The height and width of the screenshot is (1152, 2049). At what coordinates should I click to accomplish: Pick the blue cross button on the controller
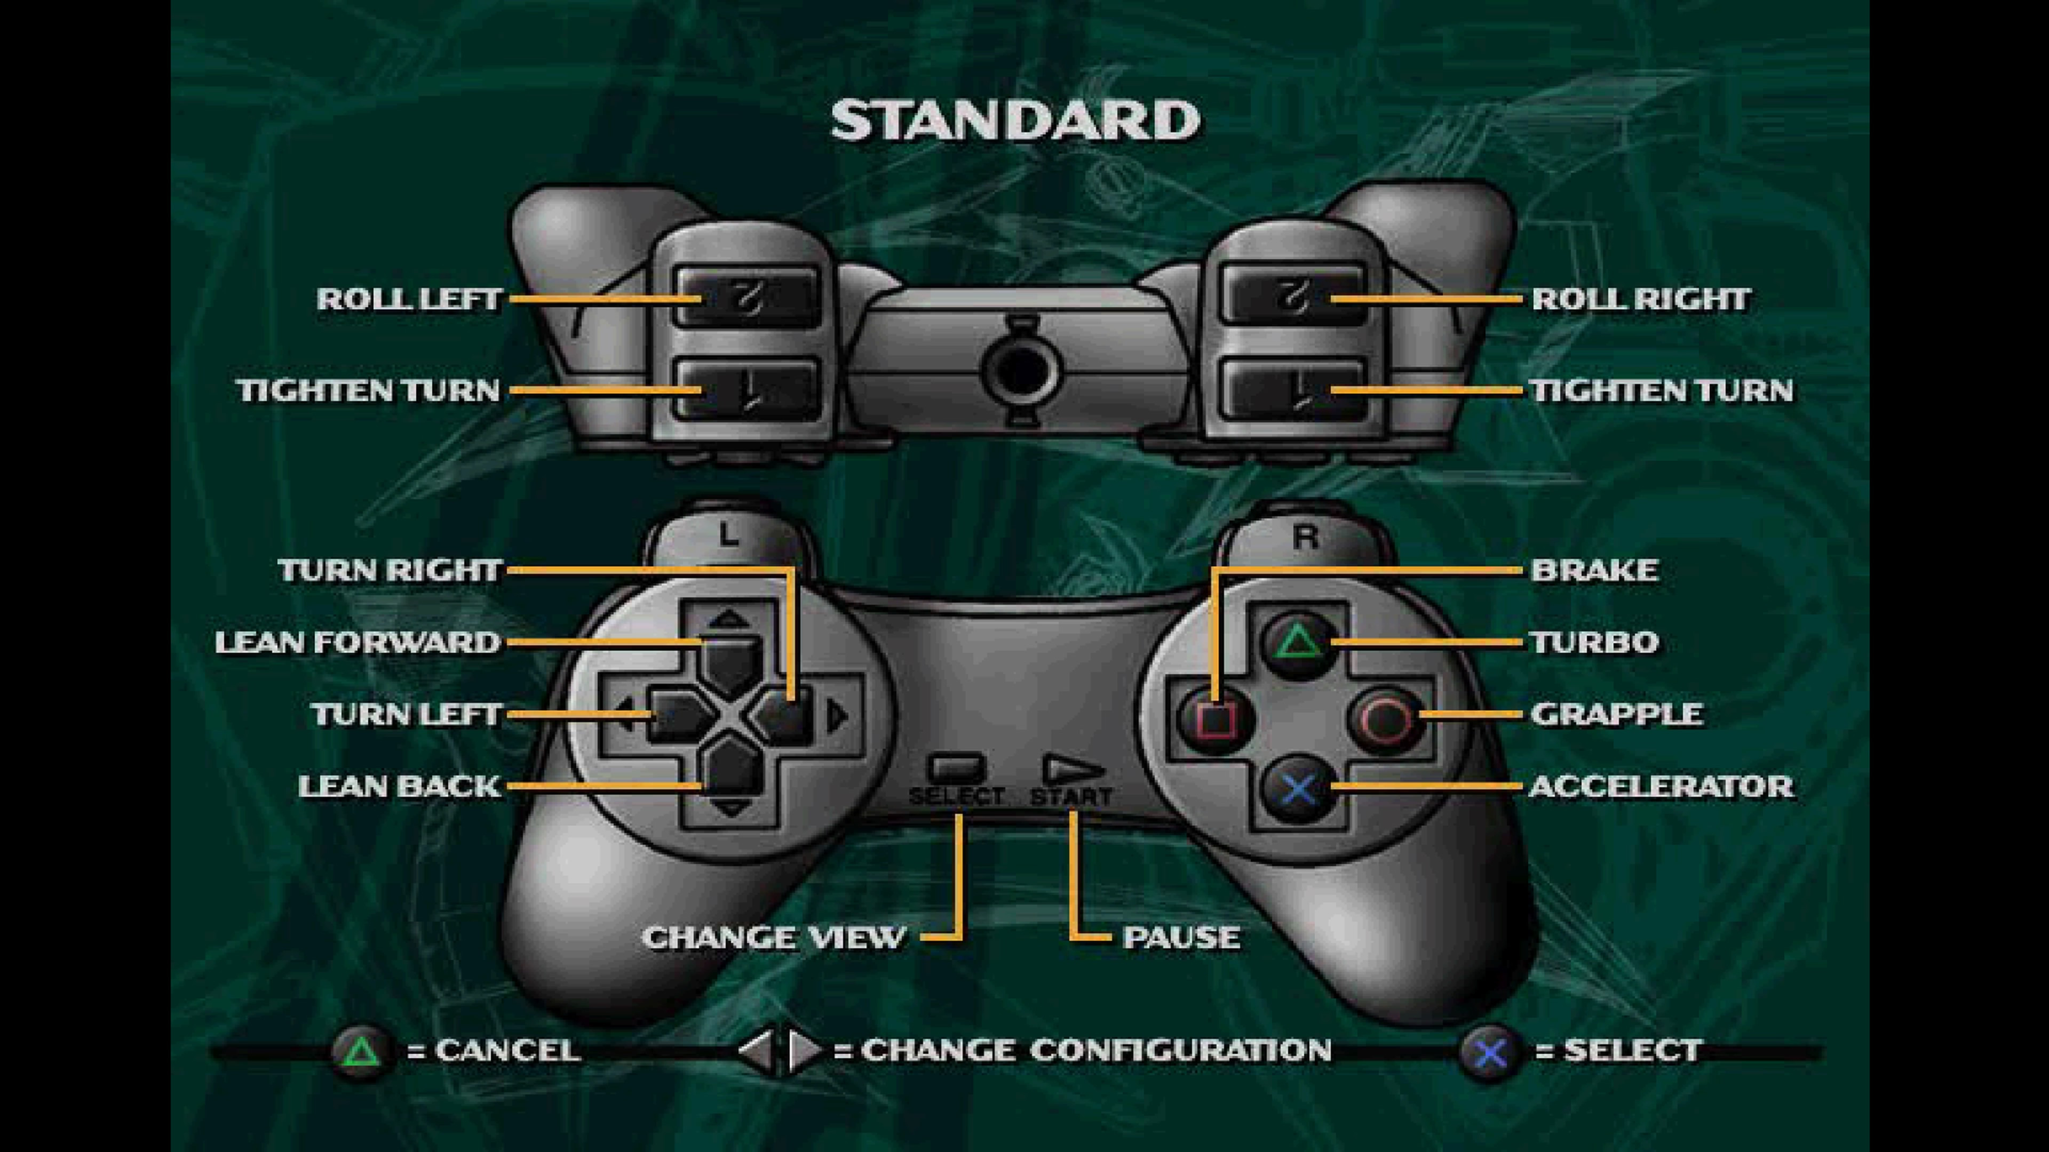pos(1298,789)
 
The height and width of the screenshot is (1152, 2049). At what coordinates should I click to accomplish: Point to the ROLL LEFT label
pos(409,300)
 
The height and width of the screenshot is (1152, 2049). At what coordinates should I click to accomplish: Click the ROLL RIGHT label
pos(1640,300)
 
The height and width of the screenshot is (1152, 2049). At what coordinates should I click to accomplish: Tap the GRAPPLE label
pos(1616,714)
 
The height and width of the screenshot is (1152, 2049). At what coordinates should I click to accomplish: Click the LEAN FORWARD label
pos(357,642)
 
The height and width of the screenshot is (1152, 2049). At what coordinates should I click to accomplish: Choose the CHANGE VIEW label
pos(773,938)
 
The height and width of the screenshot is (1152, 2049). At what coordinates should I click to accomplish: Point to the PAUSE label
pos(1180,938)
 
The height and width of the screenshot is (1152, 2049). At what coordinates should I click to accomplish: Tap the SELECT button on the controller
pos(956,768)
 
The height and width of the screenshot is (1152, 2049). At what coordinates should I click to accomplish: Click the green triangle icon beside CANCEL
pos(362,1051)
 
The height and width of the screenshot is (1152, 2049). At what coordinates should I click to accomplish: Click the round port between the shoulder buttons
pos(1021,370)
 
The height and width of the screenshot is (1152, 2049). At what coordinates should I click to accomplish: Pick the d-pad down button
pos(730,775)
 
